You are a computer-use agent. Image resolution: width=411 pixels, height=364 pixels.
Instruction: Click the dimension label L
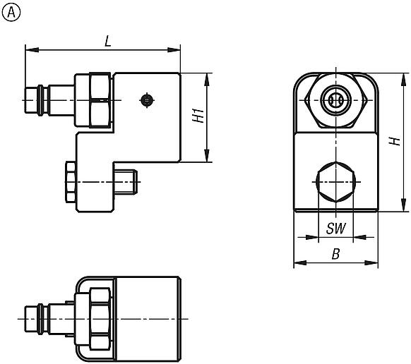(107, 42)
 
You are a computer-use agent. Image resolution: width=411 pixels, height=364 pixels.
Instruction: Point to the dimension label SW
(335, 229)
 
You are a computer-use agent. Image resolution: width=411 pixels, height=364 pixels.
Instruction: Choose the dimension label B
(336, 255)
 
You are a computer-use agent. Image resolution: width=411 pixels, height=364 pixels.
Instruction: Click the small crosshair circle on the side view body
(146, 100)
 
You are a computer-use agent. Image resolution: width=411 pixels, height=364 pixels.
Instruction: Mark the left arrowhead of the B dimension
(297, 264)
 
